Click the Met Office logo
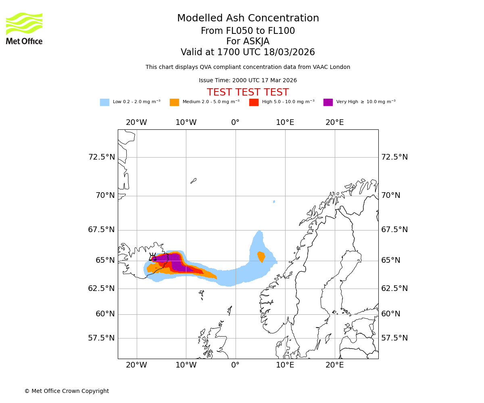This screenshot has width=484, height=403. [24, 28]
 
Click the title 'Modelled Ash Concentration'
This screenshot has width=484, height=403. [248, 19]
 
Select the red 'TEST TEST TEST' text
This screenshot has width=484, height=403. [248, 92]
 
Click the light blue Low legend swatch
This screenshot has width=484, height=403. [104, 102]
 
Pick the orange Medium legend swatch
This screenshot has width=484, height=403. [174, 102]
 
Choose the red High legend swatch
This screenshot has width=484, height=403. [254, 102]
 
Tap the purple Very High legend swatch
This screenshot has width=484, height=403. [328, 102]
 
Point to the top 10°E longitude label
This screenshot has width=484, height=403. [285, 123]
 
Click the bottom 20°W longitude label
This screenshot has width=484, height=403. [136, 365]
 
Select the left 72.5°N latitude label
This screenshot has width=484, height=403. [102, 157]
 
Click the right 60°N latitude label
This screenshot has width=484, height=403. [391, 314]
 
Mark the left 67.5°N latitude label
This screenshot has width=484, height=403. [102, 230]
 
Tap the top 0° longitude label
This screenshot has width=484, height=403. [236, 123]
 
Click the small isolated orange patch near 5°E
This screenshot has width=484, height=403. [261, 256]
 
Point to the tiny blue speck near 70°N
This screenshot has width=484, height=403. [274, 201]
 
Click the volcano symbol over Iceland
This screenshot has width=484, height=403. [153, 257]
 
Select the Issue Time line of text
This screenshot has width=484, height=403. [248, 81]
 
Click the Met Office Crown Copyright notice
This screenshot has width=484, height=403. [67, 391]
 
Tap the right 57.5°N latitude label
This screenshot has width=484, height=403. [394, 338]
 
